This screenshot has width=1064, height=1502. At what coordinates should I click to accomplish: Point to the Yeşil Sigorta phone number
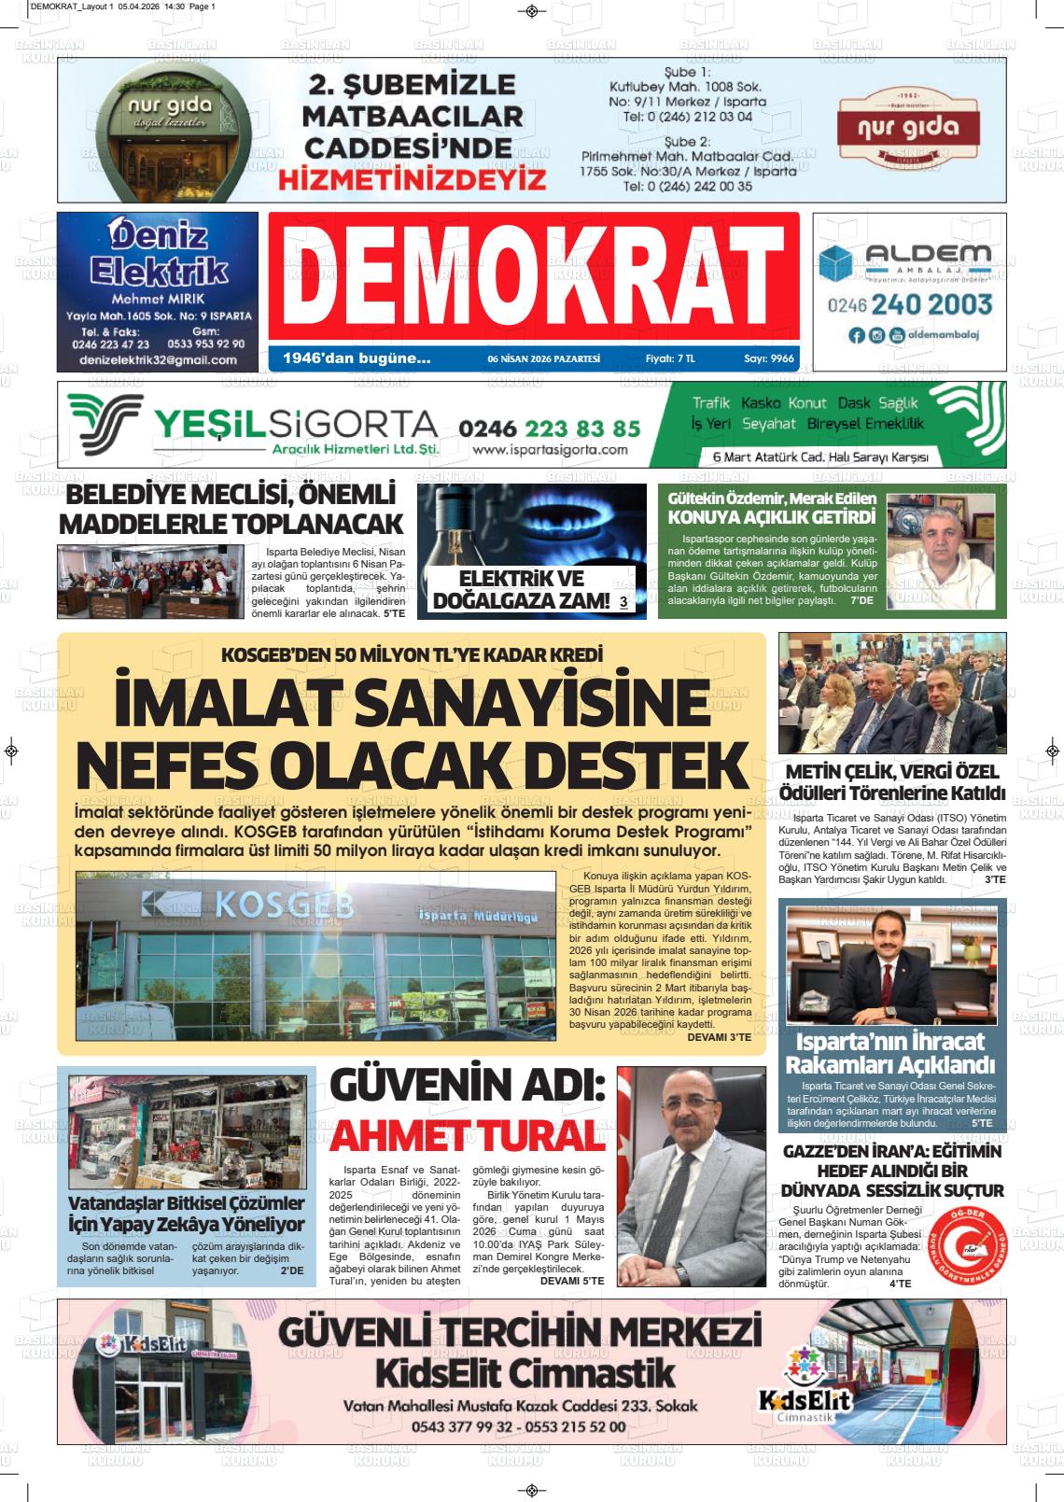[x=549, y=428]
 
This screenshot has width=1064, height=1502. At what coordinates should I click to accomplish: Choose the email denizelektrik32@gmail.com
[x=158, y=359]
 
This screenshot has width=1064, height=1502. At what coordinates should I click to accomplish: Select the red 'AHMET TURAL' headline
[x=464, y=1136]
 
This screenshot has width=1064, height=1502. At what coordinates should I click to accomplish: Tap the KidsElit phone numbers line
[x=518, y=1427]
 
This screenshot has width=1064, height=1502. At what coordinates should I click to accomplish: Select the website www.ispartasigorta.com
[x=550, y=450]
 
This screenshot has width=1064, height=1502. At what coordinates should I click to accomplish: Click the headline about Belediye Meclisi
[x=231, y=509]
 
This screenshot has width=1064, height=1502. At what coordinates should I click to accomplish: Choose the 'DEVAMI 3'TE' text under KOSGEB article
[x=719, y=1037]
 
